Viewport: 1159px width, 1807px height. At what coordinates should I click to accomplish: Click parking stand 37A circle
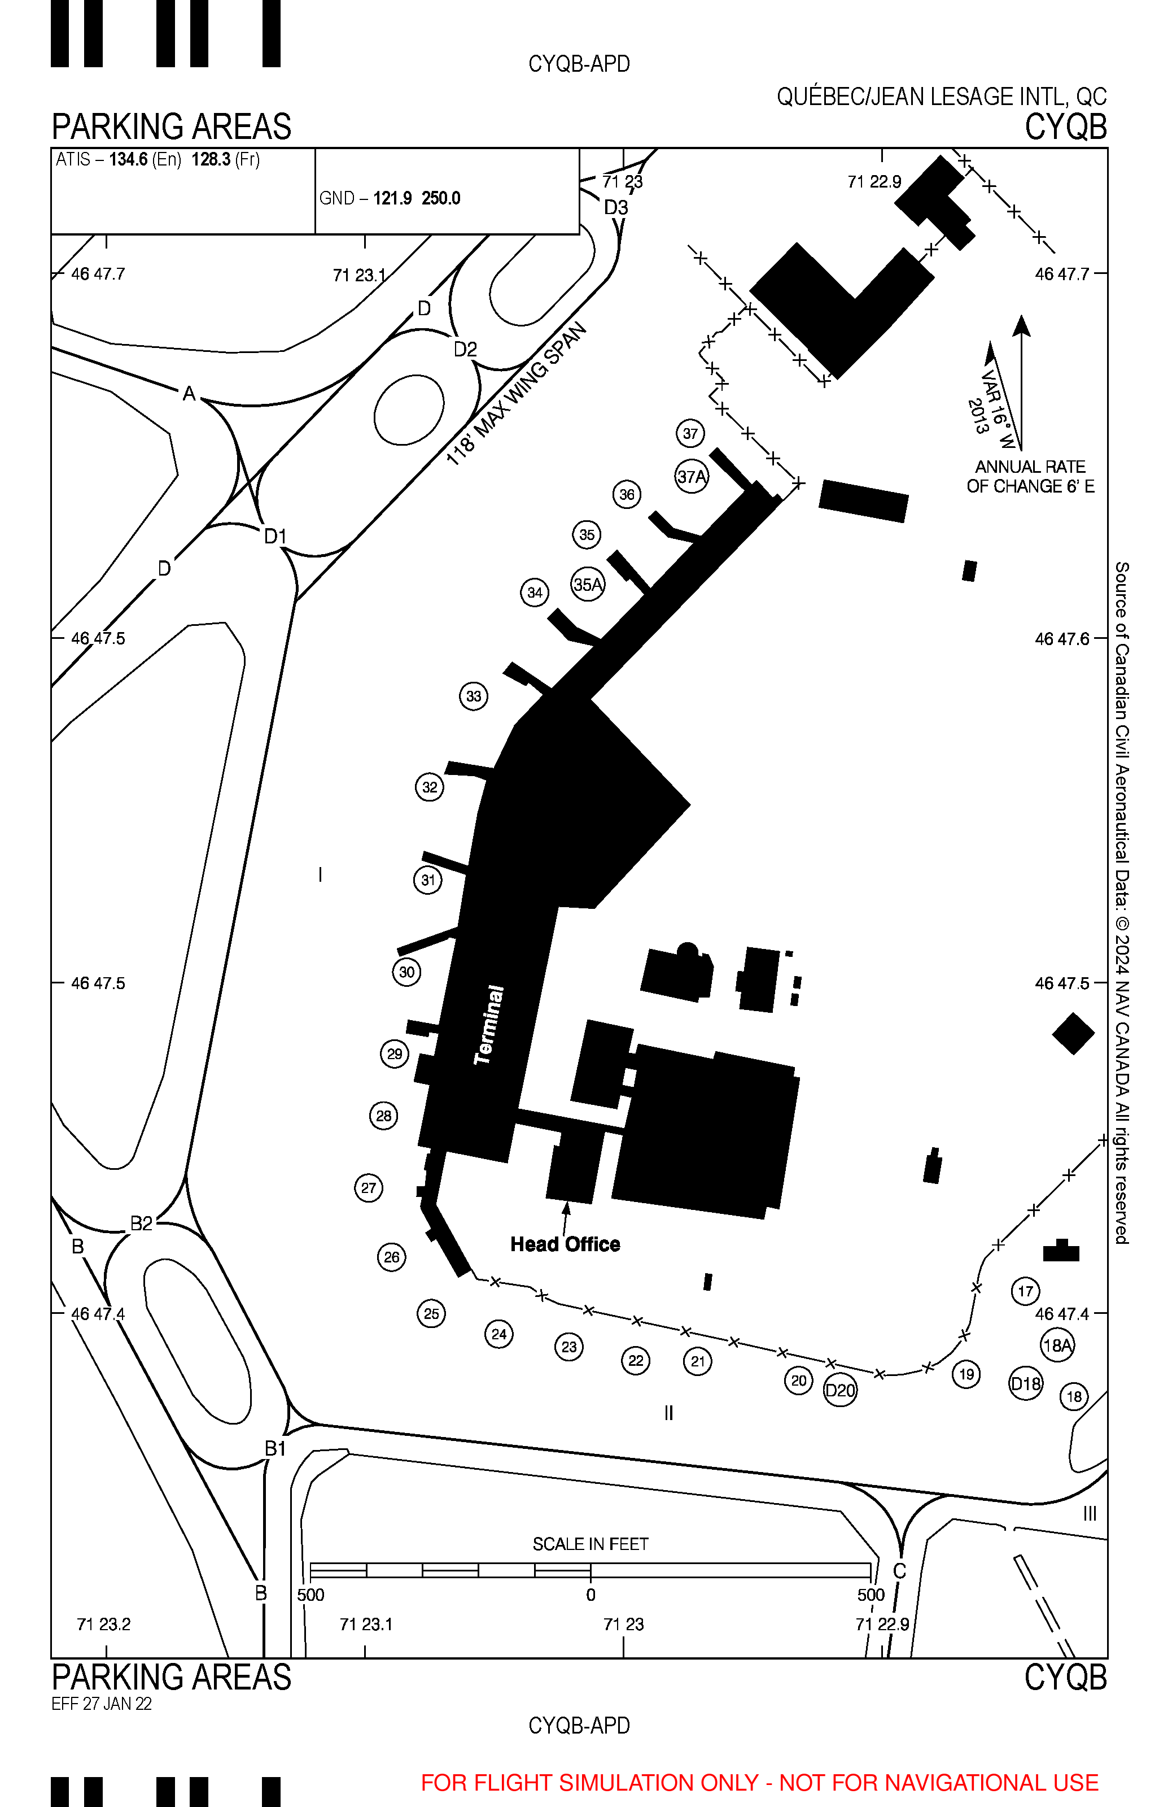(692, 476)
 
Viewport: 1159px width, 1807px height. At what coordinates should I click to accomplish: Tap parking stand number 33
(474, 696)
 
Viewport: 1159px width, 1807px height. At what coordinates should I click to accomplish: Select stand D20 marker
(840, 1390)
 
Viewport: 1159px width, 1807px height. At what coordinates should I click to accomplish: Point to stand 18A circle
(1057, 1345)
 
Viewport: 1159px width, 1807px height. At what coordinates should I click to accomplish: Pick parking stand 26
(391, 1257)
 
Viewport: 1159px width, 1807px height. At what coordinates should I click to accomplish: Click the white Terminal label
(489, 1025)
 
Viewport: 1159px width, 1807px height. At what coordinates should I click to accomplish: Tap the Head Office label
(565, 1244)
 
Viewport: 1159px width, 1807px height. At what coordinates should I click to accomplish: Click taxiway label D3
(616, 207)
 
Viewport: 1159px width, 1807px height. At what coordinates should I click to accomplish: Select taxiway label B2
(142, 1223)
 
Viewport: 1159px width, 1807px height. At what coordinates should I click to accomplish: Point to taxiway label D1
(275, 536)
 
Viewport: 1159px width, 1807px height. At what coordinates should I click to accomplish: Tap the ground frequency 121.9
(393, 198)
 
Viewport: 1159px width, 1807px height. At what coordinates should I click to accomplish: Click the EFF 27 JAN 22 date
(102, 1704)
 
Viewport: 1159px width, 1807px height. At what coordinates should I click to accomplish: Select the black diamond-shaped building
(1073, 1033)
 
